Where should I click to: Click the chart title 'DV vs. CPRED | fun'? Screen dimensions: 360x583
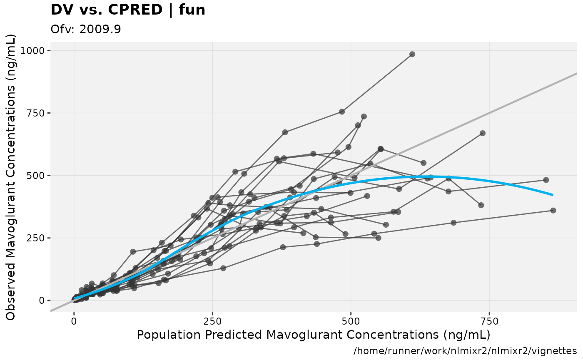[x=128, y=10]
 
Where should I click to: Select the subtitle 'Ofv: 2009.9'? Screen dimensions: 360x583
[x=86, y=30]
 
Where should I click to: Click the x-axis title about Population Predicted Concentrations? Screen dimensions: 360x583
[x=313, y=335]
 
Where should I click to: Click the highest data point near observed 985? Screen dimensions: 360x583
[x=412, y=54]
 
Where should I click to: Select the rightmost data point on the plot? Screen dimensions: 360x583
[x=553, y=211]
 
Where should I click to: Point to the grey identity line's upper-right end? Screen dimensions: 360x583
[x=576, y=73]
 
